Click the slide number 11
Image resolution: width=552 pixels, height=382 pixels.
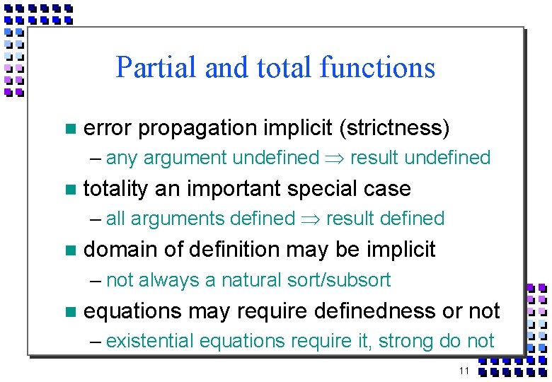click(464, 371)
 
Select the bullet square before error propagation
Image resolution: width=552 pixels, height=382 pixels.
click(69, 129)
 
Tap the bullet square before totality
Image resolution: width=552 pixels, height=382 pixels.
click(69, 190)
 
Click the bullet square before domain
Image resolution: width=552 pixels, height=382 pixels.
click(69, 250)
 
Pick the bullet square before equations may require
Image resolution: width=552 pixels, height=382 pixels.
click(69, 311)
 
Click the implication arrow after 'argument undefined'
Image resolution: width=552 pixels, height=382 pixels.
click(334, 158)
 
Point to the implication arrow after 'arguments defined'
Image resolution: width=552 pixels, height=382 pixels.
click(310, 219)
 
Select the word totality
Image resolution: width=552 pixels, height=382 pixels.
click(115, 189)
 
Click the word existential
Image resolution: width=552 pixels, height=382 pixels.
click(150, 341)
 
